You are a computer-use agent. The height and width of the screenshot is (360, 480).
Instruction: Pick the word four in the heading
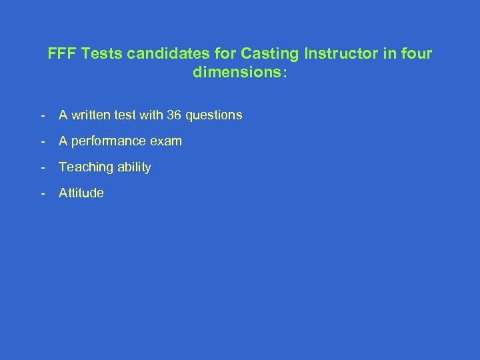[416, 53]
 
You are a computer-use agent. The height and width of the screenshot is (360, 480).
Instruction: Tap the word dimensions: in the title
[240, 73]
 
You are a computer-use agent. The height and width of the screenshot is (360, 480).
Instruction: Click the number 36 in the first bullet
[175, 115]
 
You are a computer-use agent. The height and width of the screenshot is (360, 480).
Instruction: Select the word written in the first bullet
[91, 115]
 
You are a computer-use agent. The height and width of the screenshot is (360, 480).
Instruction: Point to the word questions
[214, 115]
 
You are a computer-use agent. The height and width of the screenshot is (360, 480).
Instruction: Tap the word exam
[167, 141]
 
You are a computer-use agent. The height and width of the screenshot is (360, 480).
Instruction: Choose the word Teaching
[85, 167]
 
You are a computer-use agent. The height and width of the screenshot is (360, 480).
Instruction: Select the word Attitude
[81, 193]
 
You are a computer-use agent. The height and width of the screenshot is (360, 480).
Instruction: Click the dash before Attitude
[43, 193]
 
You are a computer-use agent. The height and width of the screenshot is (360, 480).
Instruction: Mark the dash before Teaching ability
[43, 167]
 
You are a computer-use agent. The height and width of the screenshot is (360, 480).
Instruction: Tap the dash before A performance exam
[43, 141]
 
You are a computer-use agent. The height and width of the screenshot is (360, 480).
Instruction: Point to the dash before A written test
[43, 115]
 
